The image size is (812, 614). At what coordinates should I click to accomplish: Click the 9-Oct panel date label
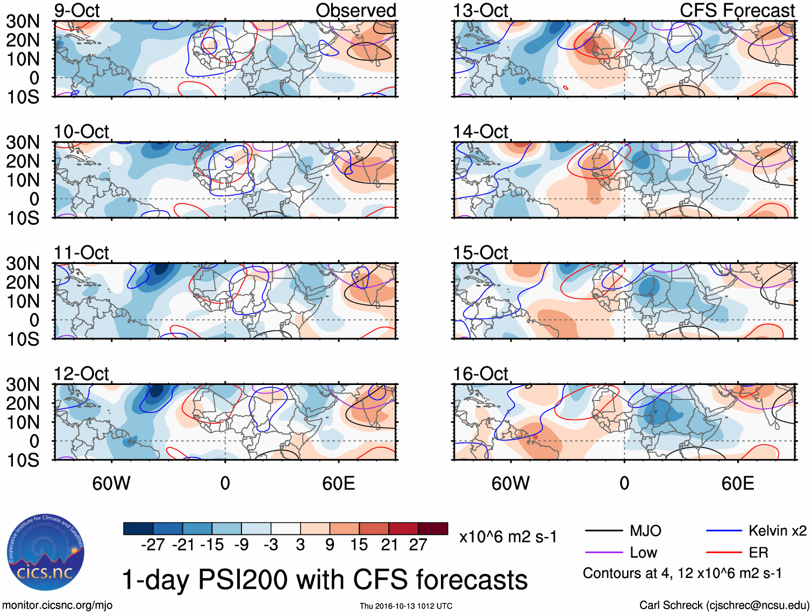tap(77, 10)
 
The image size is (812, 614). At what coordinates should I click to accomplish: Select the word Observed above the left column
tap(355, 10)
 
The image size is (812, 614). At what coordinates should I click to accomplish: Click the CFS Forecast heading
tap(737, 10)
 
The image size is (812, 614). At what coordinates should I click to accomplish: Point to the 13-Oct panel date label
tap(480, 10)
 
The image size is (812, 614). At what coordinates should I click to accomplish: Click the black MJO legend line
tap(603, 531)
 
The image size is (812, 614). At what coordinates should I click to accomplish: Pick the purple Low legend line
tap(603, 553)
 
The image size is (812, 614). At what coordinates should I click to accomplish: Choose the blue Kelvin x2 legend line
tap(724, 531)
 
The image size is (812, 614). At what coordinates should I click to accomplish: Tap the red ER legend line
tap(724, 553)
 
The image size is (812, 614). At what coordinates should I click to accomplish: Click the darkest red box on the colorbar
tap(433, 529)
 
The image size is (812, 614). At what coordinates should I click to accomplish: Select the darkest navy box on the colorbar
tap(138, 529)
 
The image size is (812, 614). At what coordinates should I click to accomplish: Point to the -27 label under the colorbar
tap(153, 545)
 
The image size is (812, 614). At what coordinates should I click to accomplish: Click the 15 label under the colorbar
tap(359, 545)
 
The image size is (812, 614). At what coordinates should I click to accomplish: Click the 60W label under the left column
tap(111, 483)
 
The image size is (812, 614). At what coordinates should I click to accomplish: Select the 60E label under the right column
tap(737, 483)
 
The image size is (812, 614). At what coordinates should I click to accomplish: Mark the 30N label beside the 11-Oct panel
tap(23, 263)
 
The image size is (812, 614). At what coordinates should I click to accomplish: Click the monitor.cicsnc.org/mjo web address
tap(58, 605)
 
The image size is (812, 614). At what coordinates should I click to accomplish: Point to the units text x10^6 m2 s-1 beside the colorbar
tap(508, 537)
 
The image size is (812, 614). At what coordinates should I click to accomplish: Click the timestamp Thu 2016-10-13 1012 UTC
tap(406, 606)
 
